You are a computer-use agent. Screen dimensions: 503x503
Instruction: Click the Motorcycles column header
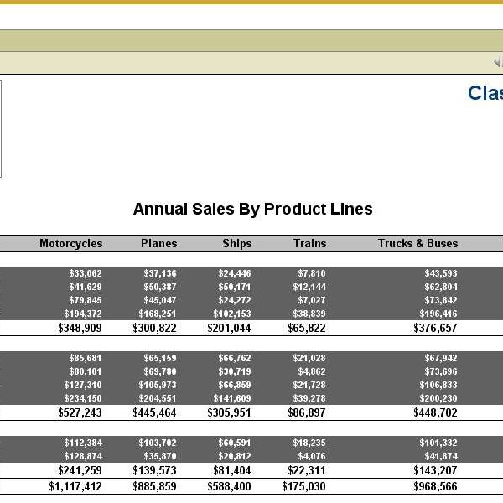(70, 243)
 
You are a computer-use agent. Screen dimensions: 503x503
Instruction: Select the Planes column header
(159, 243)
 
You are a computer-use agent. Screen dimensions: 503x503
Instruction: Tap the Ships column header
(236, 243)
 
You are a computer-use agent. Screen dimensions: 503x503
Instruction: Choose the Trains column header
(309, 243)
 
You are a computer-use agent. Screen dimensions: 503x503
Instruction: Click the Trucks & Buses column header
(417, 243)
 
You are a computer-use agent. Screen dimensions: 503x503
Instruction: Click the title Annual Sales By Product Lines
(252, 210)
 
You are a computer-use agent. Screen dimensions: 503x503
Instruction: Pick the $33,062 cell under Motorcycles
(86, 273)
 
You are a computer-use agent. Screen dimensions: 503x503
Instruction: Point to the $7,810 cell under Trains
(311, 273)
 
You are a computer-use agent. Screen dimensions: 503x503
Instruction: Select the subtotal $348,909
(80, 328)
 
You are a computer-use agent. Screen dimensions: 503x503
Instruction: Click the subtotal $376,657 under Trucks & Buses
(435, 328)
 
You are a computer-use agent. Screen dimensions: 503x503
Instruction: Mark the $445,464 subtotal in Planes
(154, 412)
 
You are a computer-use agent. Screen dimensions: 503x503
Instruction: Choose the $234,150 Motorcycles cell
(83, 398)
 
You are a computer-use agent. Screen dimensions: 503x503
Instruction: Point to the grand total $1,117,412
(75, 486)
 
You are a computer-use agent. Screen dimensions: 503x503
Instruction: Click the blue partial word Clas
(485, 93)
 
